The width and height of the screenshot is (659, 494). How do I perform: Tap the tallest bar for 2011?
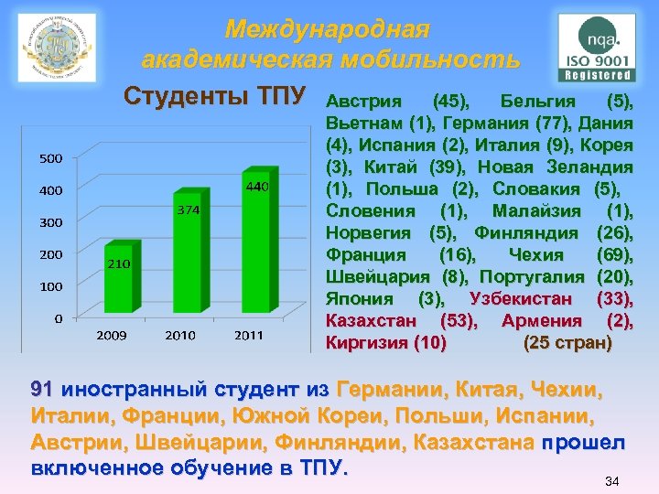(258, 242)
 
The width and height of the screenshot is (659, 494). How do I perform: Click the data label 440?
(257, 188)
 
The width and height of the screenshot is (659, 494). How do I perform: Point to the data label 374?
(188, 210)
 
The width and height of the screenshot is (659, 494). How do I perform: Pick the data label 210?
(119, 264)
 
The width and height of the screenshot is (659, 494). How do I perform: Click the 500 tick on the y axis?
(50, 158)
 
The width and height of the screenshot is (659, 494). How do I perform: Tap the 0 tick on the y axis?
(58, 318)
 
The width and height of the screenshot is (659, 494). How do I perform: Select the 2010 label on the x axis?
(180, 336)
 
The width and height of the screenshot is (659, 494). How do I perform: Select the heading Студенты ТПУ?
(218, 96)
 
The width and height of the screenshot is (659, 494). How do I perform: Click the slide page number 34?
(612, 480)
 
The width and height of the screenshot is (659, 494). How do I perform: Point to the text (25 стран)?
(567, 343)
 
